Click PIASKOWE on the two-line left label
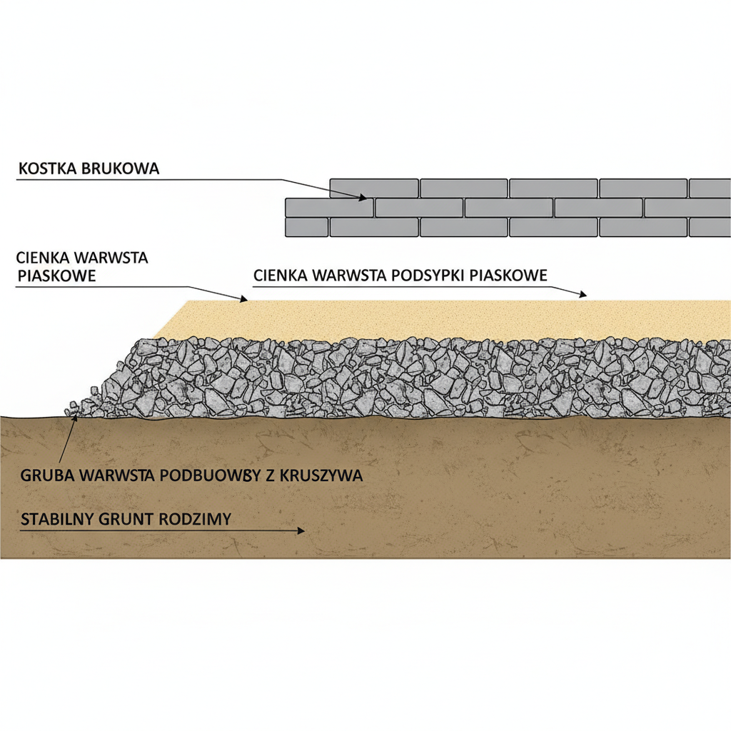[56, 276]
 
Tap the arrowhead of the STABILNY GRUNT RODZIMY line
[301, 530]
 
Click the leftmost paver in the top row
[374, 188]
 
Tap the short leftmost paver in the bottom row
[306, 227]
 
